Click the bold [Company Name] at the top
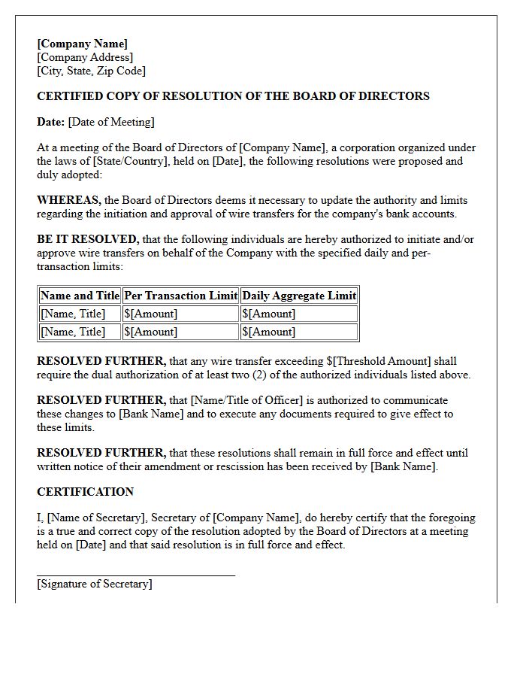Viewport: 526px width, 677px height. (x=82, y=44)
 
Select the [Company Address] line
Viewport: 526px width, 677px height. (x=85, y=57)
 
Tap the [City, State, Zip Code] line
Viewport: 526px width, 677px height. (x=91, y=71)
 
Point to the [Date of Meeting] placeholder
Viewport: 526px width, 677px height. (x=111, y=122)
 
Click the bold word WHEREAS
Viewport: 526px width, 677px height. (x=68, y=200)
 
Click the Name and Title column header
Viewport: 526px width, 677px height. (x=80, y=296)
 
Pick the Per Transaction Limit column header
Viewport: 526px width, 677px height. (x=180, y=296)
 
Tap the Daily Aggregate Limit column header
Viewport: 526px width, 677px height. (x=298, y=296)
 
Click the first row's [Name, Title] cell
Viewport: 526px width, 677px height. (x=73, y=314)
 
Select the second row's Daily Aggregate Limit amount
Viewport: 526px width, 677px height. (x=268, y=332)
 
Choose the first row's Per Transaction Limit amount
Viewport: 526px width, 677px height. (x=150, y=314)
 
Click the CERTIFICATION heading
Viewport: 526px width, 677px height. (x=85, y=492)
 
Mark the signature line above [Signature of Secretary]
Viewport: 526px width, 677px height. (x=135, y=575)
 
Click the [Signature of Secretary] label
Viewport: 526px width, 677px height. (x=94, y=584)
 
